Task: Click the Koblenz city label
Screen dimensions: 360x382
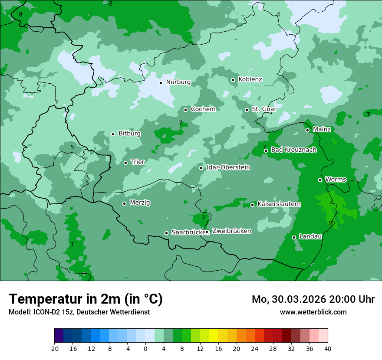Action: pos(250,79)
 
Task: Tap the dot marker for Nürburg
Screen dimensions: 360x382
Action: pos(161,83)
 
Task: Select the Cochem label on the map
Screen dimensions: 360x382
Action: pos(203,109)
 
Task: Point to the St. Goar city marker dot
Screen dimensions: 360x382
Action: pos(247,110)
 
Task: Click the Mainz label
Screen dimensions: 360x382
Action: pos(322,130)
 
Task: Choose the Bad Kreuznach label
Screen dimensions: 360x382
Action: pos(293,150)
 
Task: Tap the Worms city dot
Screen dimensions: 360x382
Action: pos(320,180)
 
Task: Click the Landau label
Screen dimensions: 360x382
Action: pos(310,237)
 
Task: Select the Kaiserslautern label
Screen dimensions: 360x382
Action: pos(279,204)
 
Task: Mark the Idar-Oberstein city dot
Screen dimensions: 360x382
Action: pos(201,168)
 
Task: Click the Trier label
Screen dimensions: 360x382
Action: pos(138,162)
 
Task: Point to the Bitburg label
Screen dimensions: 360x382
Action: pos(129,134)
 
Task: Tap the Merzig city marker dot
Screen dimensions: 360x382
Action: pos(124,203)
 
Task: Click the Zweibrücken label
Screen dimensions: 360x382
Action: pos(231,231)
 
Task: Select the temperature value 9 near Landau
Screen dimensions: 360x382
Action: pos(330,223)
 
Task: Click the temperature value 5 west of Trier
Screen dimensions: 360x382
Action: pos(72,147)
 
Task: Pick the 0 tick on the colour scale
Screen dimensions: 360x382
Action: pos(145,348)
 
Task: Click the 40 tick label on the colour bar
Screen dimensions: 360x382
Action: pos(328,348)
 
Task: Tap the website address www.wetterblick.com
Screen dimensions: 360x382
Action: pos(313,312)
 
